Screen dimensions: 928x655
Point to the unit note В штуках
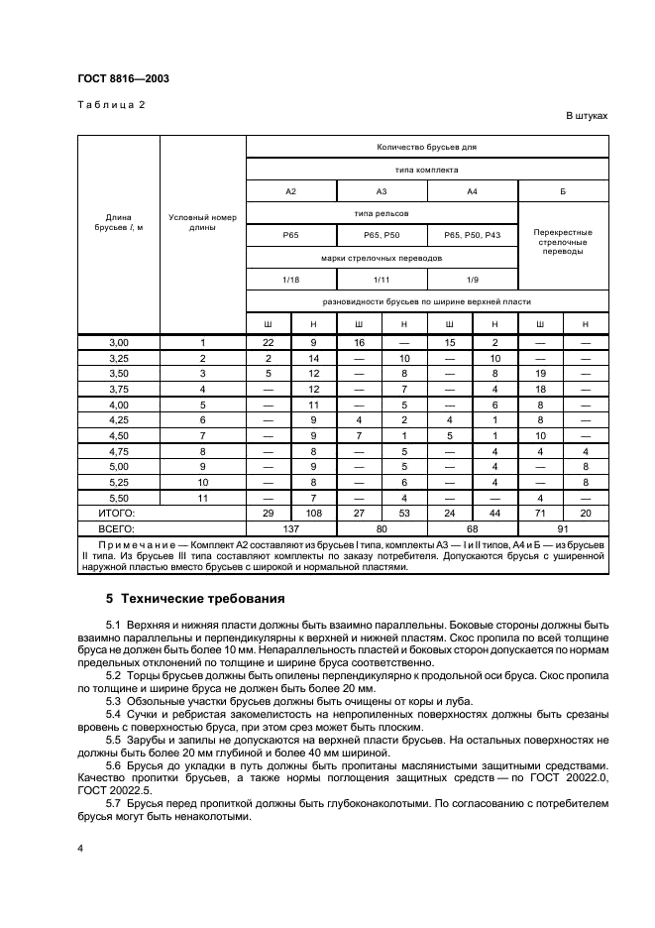point(587,116)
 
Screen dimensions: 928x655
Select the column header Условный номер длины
point(202,222)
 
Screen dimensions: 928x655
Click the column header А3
point(382,191)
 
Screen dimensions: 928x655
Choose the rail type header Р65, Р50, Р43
point(473,236)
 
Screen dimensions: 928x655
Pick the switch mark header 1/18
point(290,280)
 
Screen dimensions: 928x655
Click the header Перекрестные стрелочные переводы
point(563,241)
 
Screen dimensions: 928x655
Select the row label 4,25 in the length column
point(118,420)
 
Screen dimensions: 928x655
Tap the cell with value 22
point(268,342)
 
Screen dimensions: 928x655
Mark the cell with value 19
point(540,374)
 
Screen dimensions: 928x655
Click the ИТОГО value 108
point(313,514)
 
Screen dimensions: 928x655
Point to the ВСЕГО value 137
point(290,528)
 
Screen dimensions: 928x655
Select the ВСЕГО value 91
point(563,528)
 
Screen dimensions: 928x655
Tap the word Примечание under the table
point(135,545)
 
